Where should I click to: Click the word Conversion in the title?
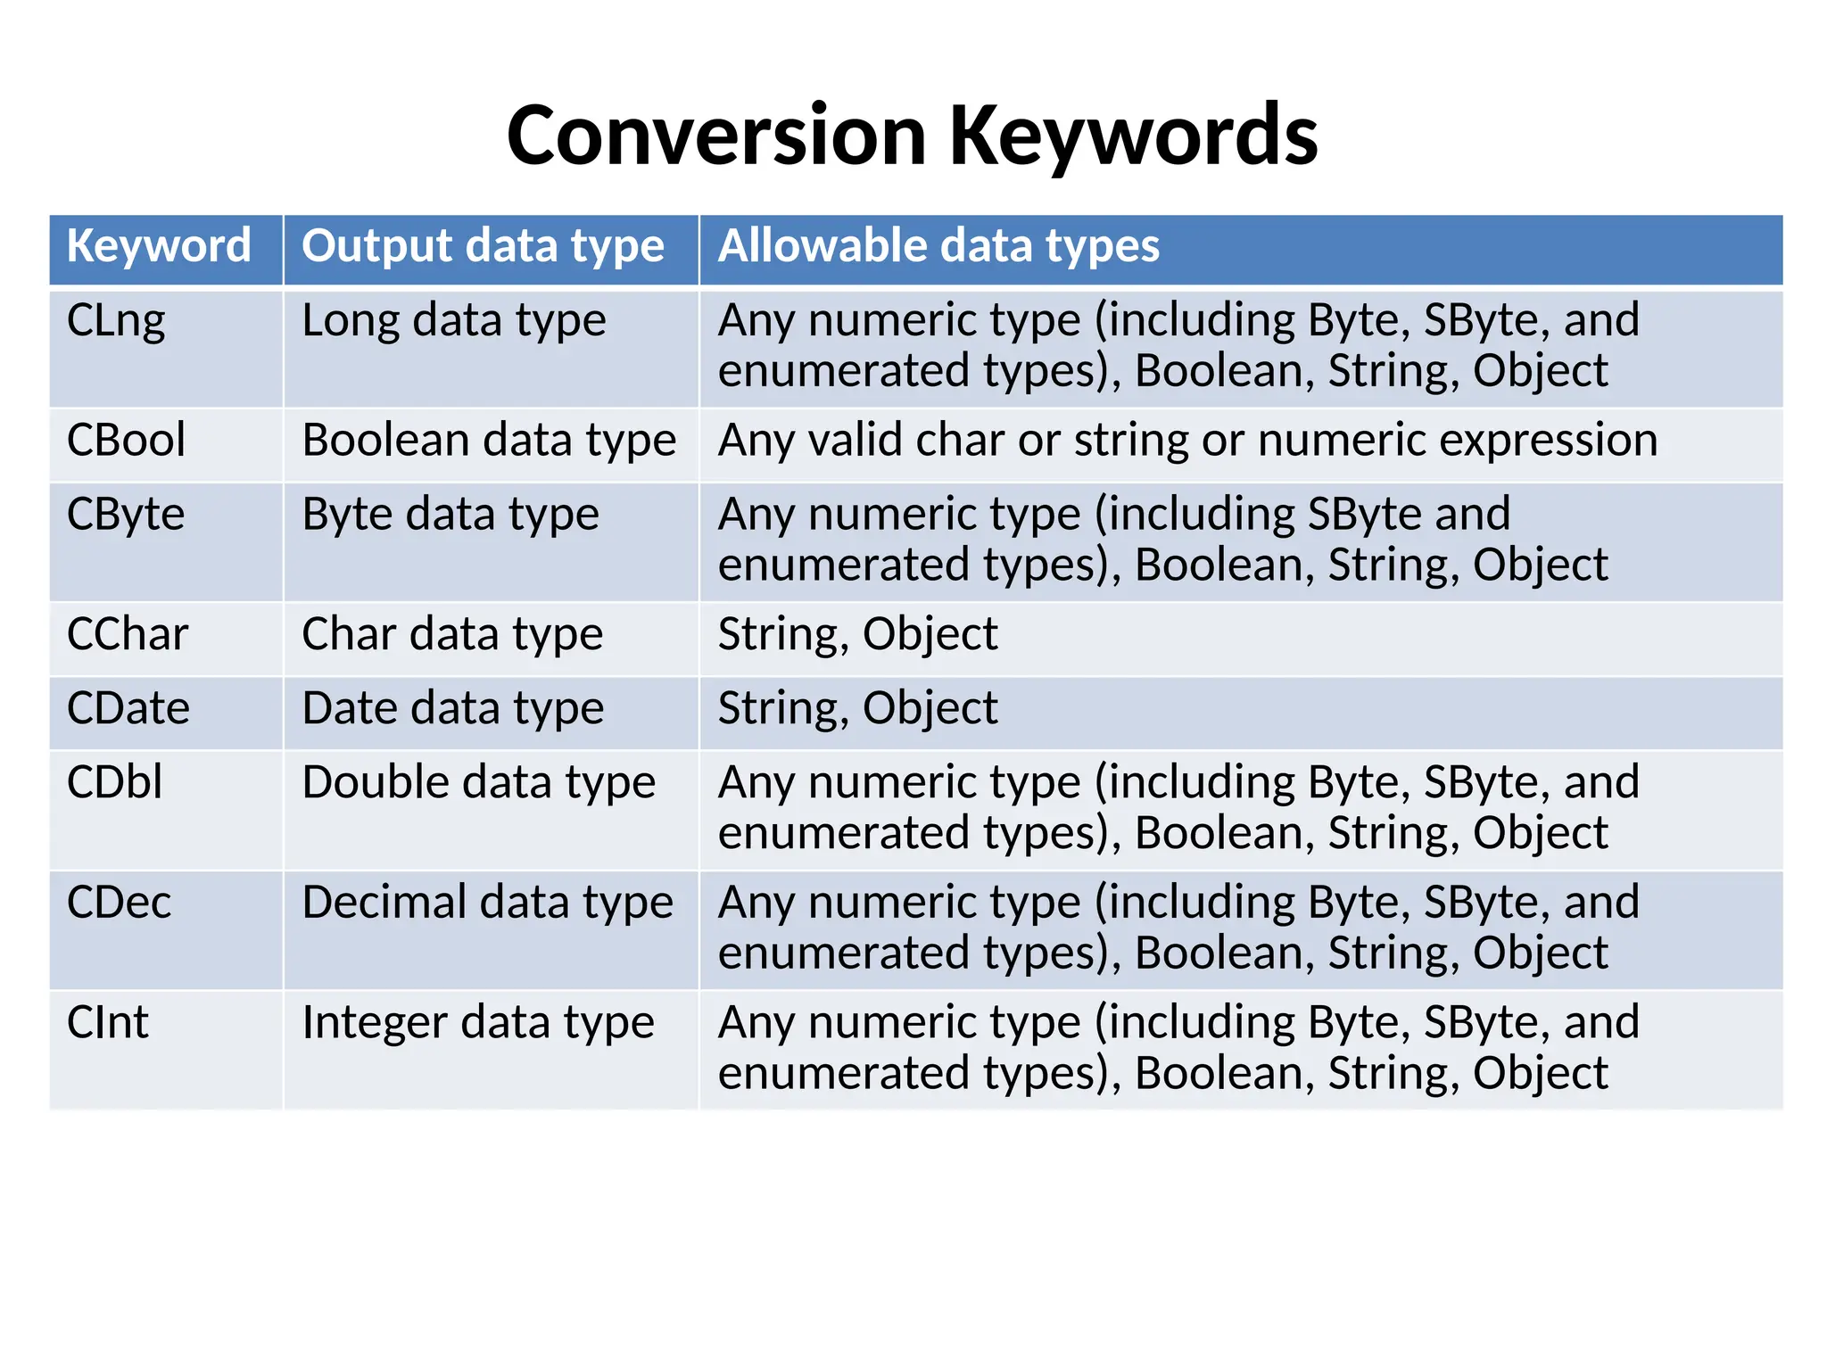pos(716,136)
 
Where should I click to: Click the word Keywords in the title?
pos(1133,136)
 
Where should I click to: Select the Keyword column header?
pos(159,246)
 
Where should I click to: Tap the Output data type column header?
pos(483,246)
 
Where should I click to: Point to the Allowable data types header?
pos(938,246)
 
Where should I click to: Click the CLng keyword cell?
pos(116,321)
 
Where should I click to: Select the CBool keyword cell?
pos(126,441)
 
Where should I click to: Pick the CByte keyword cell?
pos(126,515)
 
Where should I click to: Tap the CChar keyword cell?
pos(128,634)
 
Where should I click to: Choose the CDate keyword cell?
pos(128,708)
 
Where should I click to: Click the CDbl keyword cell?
pos(115,782)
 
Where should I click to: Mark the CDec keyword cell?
pos(119,903)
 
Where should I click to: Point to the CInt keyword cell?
pos(108,1022)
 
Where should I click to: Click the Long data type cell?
pos(454,321)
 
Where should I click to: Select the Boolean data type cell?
pos(489,441)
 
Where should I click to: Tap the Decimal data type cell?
pos(487,903)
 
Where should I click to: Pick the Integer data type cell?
pos(478,1022)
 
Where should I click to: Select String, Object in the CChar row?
pos(857,634)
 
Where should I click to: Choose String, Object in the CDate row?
pos(857,708)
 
